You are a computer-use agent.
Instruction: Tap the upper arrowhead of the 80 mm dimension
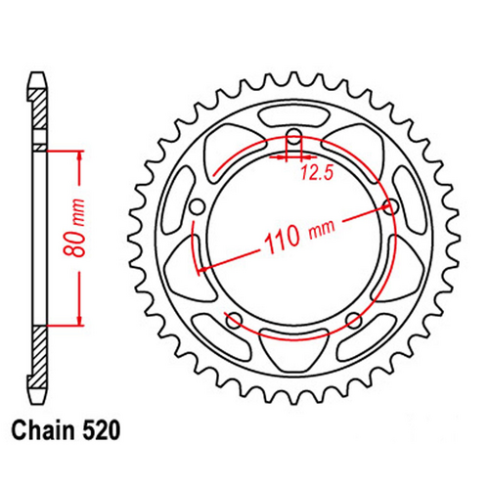77,157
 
